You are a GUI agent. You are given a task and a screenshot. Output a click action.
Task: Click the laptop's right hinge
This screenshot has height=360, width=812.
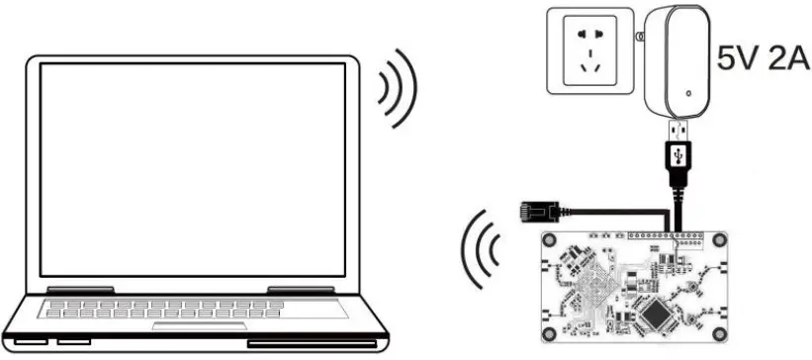pyautogui.click(x=297, y=291)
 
